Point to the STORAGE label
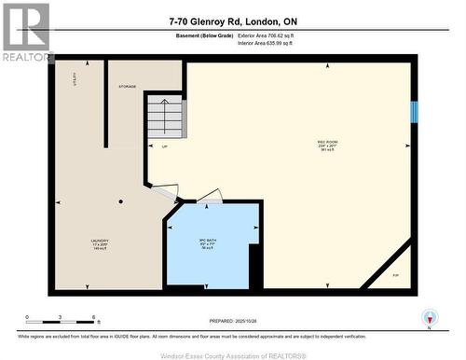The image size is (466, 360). tap(128, 86)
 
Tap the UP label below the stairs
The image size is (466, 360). tap(165, 146)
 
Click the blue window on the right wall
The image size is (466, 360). tap(414, 112)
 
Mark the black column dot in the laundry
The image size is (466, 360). tap(120, 201)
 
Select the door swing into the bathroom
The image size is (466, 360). tap(209, 196)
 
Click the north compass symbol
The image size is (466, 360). tap(429, 317)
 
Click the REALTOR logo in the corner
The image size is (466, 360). tap(26, 32)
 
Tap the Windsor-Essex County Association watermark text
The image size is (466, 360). tap(233, 353)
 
